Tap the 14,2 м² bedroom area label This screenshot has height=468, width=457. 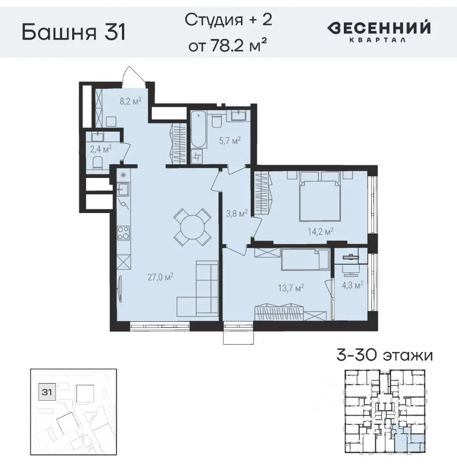pyautogui.click(x=321, y=231)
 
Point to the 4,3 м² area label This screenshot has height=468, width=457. pyautogui.click(x=352, y=285)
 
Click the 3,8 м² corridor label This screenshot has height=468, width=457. pyautogui.click(x=238, y=213)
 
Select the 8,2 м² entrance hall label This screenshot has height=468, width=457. pyautogui.click(x=130, y=101)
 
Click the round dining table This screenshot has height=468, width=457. pyautogui.click(x=193, y=227)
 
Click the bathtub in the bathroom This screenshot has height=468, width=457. pyautogui.click(x=198, y=129)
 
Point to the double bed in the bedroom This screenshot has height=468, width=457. pyautogui.click(x=319, y=199)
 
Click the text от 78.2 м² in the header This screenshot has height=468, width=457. pyautogui.click(x=229, y=47)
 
